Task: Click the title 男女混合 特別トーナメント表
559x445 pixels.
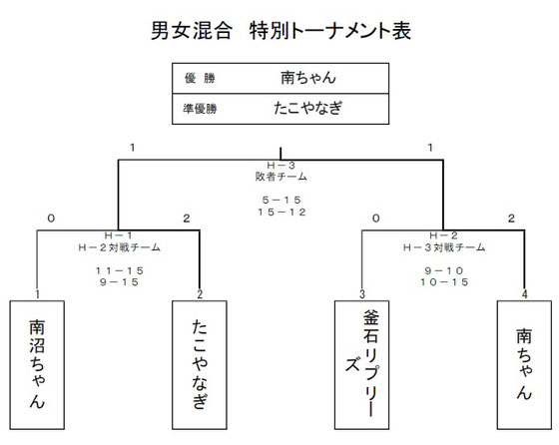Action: point(280,30)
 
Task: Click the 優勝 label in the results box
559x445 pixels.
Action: point(200,78)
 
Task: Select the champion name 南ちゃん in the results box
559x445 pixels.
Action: point(308,77)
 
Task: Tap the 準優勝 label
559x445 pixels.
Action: point(200,109)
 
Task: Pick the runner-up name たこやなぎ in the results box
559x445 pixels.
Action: point(308,108)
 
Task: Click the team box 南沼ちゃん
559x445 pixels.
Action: point(37,365)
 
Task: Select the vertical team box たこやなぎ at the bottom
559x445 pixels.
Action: point(200,365)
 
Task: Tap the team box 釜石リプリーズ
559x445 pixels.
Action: point(361,365)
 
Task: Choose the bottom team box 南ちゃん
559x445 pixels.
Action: point(524,365)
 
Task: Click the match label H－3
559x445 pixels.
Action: point(281,166)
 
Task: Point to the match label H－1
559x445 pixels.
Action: point(119,235)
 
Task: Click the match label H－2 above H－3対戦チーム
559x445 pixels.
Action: point(444,235)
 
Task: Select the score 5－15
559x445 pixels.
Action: point(281,200)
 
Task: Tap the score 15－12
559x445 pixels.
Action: point(281,212)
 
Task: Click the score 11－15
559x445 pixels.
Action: point(120,270)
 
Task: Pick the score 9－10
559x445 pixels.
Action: point(444,270)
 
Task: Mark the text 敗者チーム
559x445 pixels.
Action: point(281,177)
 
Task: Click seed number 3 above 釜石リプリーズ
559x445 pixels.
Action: point(362,294)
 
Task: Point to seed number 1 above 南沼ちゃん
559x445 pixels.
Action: point(38,294)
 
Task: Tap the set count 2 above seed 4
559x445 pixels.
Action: point(511,219)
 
